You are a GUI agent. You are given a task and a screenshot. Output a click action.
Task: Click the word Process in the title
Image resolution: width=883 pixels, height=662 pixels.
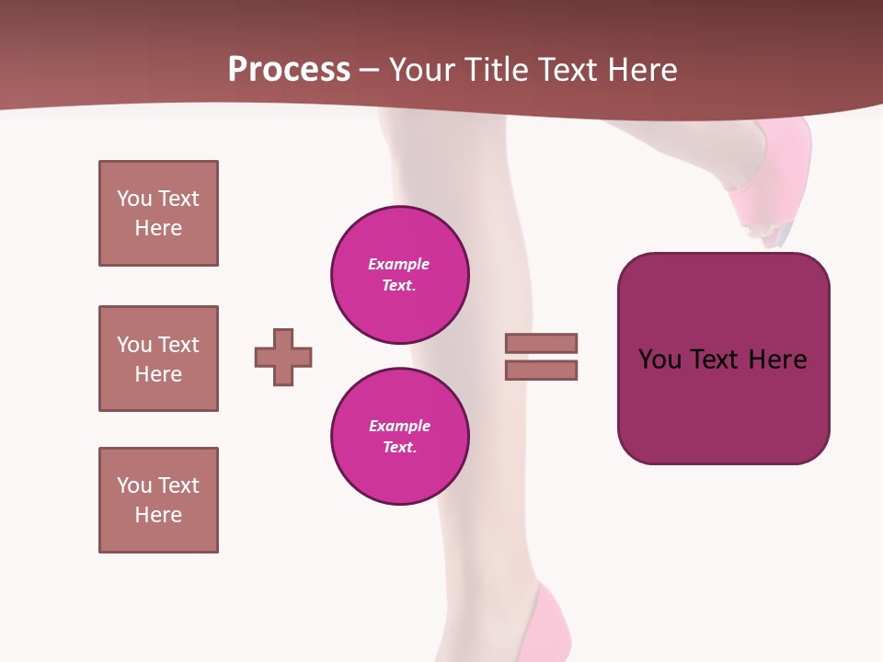point(289,70)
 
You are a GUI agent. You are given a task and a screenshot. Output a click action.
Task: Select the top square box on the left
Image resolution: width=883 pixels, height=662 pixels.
point(158,213)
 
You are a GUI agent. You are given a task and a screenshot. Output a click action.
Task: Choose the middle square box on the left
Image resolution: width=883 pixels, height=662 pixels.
point(158,359)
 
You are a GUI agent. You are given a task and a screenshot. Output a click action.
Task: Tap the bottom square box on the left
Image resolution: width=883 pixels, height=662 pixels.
point(158,500)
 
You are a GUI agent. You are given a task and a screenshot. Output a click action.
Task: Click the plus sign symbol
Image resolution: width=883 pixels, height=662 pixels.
point(283,357)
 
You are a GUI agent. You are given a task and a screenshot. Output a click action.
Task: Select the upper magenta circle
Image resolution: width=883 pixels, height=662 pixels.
point(400,275)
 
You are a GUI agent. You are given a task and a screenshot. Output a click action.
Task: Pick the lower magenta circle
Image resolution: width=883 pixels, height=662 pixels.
point(400,437)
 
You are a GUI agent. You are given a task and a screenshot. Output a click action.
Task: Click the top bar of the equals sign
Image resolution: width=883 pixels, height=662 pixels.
point(542,343)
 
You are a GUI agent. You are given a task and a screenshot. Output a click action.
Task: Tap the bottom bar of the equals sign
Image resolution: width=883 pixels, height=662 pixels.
point(542,370)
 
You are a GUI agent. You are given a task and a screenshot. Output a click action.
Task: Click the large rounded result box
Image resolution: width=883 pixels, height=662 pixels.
point(723,359)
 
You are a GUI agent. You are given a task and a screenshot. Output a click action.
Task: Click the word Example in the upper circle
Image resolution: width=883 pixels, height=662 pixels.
point(399,264)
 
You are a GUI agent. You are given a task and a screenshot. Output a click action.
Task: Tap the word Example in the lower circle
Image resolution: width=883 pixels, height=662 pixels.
point(399,426)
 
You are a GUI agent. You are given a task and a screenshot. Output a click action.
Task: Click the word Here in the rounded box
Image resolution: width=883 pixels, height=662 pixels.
point(778,360)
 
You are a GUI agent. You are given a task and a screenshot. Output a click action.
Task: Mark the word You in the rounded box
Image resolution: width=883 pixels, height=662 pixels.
point(661,360)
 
